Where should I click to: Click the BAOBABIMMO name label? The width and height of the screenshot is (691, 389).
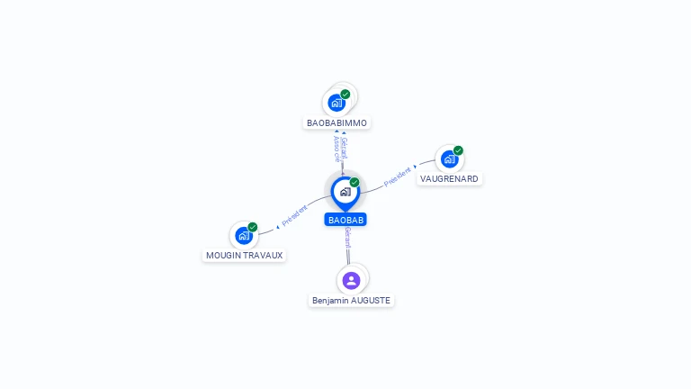click(337, 122)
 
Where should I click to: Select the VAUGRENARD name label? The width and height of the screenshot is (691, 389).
click(450, 178)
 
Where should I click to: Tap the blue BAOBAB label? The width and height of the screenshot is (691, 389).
click(346, 220)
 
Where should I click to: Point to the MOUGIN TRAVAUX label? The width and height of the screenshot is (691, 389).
click(244, 255)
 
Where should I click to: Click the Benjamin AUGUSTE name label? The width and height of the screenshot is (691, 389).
click(352, 300)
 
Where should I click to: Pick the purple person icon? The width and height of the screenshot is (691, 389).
click(352, 280)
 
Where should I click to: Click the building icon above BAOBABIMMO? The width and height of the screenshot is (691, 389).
click(337, 103)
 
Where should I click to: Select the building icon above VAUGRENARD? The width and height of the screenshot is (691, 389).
click(449, 159)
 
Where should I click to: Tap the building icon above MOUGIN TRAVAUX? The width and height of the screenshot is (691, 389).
click(243, 236)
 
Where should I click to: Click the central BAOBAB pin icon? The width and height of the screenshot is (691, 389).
click(345, 192)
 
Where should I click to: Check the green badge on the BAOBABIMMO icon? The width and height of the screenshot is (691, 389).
click(345, 95)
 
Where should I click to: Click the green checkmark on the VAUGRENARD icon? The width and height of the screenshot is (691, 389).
click(458, 150)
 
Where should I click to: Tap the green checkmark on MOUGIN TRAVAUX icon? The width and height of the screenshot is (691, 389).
click(253, 227)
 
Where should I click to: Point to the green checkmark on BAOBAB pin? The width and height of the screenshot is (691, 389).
click(354, 183)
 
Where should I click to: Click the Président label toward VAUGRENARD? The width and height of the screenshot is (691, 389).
click(397, 176)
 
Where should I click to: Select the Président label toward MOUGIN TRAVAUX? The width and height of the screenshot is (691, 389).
click(294, 215)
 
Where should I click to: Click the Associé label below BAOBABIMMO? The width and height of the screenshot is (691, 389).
click(337, 149)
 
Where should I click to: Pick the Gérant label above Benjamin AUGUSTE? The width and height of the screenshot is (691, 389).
click(347, 238)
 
